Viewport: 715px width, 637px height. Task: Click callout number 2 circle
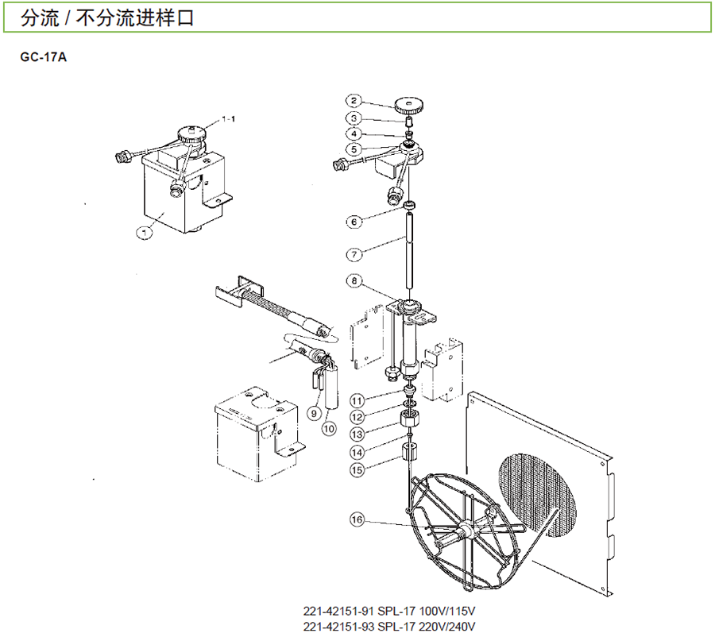pyautogui.click(x=354, y=102)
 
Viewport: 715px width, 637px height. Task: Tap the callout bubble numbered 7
pyautogui.click(x=354, y=255)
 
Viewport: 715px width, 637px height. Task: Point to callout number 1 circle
pyautogui.click(x=145, y=233)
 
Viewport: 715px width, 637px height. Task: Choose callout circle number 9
pyautogui.click(x=314, y=413)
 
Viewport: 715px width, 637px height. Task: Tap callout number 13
pyautogui.click(x=357, y=435)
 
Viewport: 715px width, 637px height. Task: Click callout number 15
pyautogui.click(x=357, y=470)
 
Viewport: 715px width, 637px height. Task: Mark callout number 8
pyautogui.click(x=354, y=280)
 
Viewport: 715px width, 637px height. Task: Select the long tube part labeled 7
pyautogui.click(x=411, y=254)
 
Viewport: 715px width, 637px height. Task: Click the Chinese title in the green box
pyautogui.click(x=107, y=17)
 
